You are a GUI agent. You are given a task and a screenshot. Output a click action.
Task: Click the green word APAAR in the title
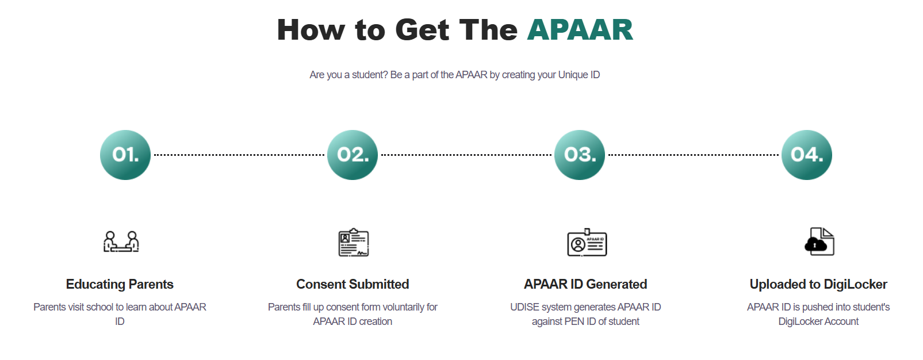point(580,30)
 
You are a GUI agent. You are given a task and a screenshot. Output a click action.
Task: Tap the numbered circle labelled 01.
point(125,155)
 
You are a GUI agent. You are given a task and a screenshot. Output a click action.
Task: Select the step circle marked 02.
point(353,155)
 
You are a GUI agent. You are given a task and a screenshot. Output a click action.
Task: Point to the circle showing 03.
point(580,155)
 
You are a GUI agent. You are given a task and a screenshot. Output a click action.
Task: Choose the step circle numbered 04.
point(807,155)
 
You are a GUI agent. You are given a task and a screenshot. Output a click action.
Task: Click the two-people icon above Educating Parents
point(121,242)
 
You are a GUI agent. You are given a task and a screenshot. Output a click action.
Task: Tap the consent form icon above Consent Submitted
point(353,242)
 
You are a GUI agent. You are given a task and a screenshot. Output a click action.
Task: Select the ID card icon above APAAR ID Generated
point(587,242)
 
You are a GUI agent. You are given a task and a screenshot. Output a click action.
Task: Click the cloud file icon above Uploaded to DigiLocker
point(819,242)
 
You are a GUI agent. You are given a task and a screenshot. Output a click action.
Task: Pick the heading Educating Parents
point(120,284)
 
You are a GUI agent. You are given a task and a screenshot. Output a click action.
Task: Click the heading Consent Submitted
point(353,284)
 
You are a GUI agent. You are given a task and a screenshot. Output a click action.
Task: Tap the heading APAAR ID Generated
point(585,284)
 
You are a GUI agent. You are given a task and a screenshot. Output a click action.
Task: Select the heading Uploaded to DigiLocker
point(818,284)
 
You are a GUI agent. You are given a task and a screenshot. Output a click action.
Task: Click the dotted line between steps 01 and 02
point(239,155)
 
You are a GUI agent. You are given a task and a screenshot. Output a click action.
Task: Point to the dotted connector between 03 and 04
point(694,155)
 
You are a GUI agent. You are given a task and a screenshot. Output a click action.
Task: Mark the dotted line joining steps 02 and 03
point(466,155)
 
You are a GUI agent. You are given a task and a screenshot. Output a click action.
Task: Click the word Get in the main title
point(422,30)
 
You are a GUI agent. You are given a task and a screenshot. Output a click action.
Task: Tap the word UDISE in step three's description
point(524,307)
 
